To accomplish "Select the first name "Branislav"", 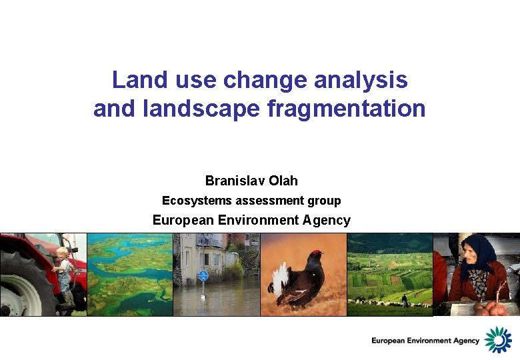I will pos(235,181).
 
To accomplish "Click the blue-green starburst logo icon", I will pos(497,339).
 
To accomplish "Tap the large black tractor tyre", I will pos(23,287).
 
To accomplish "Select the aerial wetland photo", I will pos(130,274).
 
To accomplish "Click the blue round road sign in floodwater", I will pos(203,275).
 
